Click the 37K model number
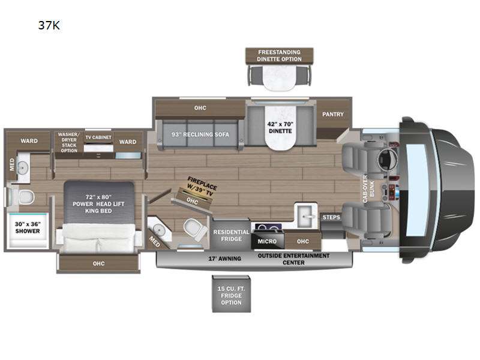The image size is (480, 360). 49,25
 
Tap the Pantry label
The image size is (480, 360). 333,114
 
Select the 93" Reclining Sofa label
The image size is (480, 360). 200,134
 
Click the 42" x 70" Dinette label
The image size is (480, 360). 280,127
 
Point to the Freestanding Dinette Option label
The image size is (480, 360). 279,56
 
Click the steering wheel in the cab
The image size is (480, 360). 387,159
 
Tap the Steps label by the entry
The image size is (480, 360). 331,217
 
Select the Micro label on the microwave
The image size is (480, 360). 267,241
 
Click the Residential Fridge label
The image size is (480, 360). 231,235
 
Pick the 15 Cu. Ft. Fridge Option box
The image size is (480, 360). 232,294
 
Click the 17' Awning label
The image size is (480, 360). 224,259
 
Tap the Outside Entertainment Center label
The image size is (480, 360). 293,259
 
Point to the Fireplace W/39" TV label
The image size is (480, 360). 201,186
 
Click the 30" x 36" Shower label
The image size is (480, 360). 28,228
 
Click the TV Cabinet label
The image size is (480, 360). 98,137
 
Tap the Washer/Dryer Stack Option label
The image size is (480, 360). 69,142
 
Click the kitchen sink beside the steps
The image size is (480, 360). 305,215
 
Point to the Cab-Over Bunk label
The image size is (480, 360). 368,188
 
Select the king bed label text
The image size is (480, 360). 98,204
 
